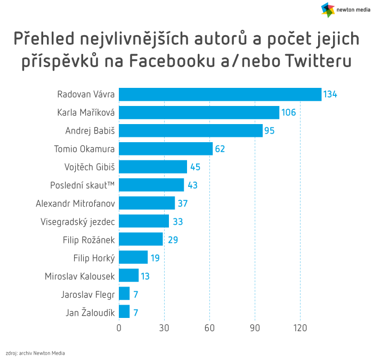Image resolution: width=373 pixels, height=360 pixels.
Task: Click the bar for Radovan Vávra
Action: tap(220, 94)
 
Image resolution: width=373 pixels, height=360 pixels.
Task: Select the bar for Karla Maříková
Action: tap(199, 112)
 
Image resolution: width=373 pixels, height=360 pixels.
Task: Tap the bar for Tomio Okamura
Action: tap(165, 149)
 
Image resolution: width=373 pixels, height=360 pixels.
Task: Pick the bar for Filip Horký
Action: tap(133, 257)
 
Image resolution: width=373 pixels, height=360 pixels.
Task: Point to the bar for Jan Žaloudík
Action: tap(124, 312)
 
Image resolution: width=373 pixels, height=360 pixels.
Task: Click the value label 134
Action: tap(330, 94)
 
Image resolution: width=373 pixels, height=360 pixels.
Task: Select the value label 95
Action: tap(269, 130)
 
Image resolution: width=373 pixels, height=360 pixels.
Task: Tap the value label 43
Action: tap(192, 185)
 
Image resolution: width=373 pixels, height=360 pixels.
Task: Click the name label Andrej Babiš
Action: tap(90, 130)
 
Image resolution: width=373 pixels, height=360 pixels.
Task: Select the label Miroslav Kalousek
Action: tap(80, 276)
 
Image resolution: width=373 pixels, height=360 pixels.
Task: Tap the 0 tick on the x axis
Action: tap(119, 328)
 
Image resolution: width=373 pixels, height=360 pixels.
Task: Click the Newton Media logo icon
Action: tap(328, 9)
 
